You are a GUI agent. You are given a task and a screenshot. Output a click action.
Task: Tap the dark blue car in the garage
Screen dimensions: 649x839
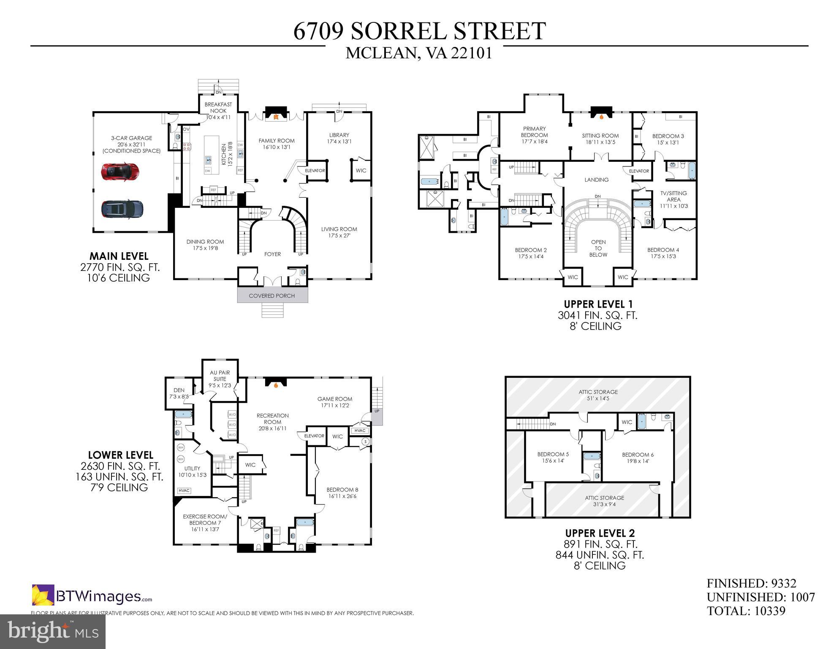click(x=122, y=208)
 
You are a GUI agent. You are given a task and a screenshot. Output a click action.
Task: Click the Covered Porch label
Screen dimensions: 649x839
click(x=272, y=296)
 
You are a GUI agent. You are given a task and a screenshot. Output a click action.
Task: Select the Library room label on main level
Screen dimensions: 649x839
click(x=339, y=135)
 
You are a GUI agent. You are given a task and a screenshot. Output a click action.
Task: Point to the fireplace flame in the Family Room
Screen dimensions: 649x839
click(x=276, y=117)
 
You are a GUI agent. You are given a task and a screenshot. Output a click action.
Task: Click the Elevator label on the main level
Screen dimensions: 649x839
click(x=315, y=171)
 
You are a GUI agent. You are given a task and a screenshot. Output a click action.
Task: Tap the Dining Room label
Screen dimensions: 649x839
click(x=205, y=242)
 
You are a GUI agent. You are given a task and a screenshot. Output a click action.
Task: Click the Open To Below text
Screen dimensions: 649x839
click(x=598, y=248)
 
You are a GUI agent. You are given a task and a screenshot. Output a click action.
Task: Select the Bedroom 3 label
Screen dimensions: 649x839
click(x=668, y=136)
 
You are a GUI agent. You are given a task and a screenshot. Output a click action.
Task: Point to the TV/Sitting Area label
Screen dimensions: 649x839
click(x=673, y=196)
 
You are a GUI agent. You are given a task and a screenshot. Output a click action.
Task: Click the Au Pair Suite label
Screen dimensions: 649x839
click(x=220, y=376)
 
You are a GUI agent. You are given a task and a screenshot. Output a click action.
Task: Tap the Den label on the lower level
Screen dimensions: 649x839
click(x=179, y=390)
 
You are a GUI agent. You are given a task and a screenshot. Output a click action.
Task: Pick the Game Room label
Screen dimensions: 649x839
click(x=335, y=399)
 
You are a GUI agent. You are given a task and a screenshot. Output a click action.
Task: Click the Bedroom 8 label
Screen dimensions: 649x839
click(x=342, y=490)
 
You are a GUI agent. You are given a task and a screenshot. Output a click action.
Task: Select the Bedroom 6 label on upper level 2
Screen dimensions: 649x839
click(x=638, y=455)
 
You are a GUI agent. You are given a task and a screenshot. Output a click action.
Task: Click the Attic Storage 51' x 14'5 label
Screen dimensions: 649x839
click(x=598, y=392)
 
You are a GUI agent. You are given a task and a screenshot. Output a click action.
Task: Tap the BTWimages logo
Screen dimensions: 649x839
click(x=92, y=596)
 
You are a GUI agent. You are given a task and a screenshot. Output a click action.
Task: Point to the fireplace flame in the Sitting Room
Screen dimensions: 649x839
click(x=602, y=117)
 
